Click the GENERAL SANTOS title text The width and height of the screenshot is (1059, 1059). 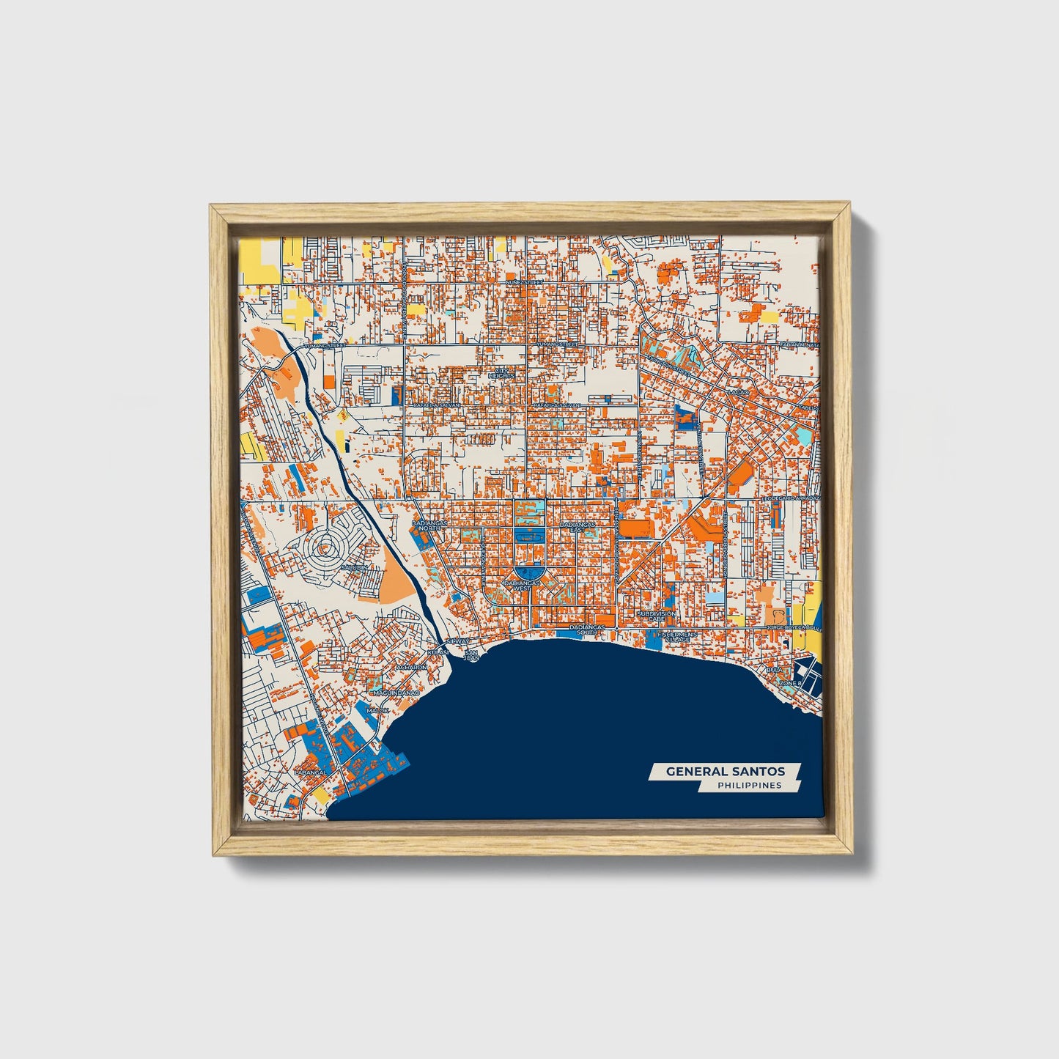tap(725, 771)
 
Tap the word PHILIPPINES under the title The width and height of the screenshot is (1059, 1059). tap(749, 786)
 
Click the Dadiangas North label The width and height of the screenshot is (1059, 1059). tap(427, 526)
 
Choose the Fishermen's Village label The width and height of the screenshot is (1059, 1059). tap(674, 637)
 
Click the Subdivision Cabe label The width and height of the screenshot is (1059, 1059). tap(656, 616)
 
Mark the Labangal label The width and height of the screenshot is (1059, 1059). tap(309, 772)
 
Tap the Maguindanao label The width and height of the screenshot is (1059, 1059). tap(396, 693)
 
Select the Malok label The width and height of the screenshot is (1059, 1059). tap(378, 711)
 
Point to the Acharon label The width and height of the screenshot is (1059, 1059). tap(411, 668)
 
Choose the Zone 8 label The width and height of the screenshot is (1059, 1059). tap(792, 683)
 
